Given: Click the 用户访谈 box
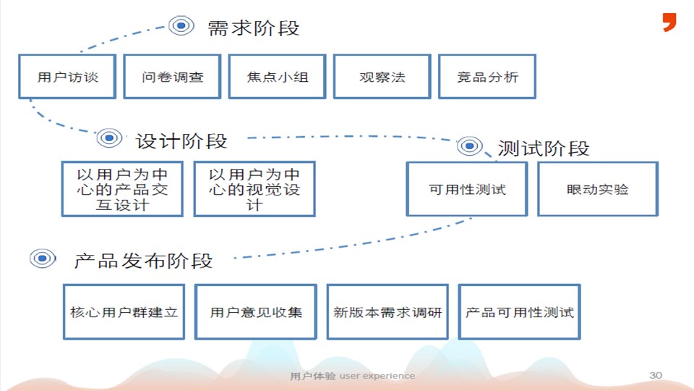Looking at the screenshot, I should pyautogui.click(x=67, y=76).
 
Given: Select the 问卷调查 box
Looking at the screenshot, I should pyautogui.click(x=172, y=76).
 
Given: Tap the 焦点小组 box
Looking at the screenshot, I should pyautogui.click(x=277, y=76).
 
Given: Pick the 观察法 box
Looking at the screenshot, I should pyautogui.click(x=382, y=76).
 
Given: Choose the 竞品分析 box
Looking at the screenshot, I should pyautogui.click(x=487, y=76).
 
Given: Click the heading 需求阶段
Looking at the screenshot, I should pyautogui.click(x=253, y=28).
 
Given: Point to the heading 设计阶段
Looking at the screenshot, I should pyautogui.click(x=181, y=140).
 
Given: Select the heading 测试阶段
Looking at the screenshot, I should pyautogui.click(x=544, y=149).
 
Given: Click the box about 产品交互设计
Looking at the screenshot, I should pyautogui.click(x=121, y=189).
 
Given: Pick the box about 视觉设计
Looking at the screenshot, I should pyautogui.click(x=254, y=189).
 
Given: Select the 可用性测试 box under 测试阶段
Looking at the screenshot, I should pyautogui.click(x=467, y=189).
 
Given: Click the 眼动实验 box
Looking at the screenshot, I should pyautogui.click(x=598, y=189).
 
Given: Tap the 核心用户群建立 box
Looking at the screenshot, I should pyautogui.click(x=124, y=312).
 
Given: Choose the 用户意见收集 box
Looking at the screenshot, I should pyautogui.click(x=256, y=312).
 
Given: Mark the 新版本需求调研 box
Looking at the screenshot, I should pyautogui.click(x=387, y=312).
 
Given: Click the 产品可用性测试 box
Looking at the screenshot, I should pyautogui.click(x=519, y=312).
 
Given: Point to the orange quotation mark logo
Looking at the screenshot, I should pyautogui.click(x=669, y=22).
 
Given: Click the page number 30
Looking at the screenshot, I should pyautogui.click(x=656, y=375).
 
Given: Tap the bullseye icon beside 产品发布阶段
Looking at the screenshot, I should pyautogui.click(x=43, y=257).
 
